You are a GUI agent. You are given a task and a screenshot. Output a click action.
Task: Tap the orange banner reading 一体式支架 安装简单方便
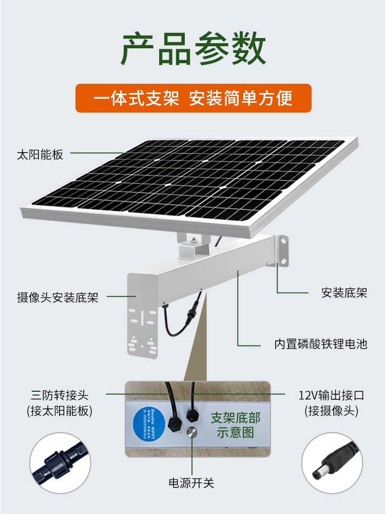pos(193,98)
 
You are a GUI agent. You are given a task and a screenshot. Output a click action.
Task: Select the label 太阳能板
pos(40,154)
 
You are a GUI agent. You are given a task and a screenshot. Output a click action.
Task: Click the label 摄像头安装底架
pos(57,297)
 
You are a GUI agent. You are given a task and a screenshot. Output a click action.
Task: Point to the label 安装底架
pos(344,293)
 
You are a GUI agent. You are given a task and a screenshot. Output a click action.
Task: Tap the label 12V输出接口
pos(331,395)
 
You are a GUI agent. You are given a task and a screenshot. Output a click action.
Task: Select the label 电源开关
pos(191,483)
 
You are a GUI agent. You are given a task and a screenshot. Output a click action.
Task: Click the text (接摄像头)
pos(331,411)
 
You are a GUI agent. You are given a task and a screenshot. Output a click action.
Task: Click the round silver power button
pos(193,433)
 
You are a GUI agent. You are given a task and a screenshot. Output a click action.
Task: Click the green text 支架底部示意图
pos(236,425)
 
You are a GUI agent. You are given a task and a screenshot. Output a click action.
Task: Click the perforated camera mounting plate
pos(143,329)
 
